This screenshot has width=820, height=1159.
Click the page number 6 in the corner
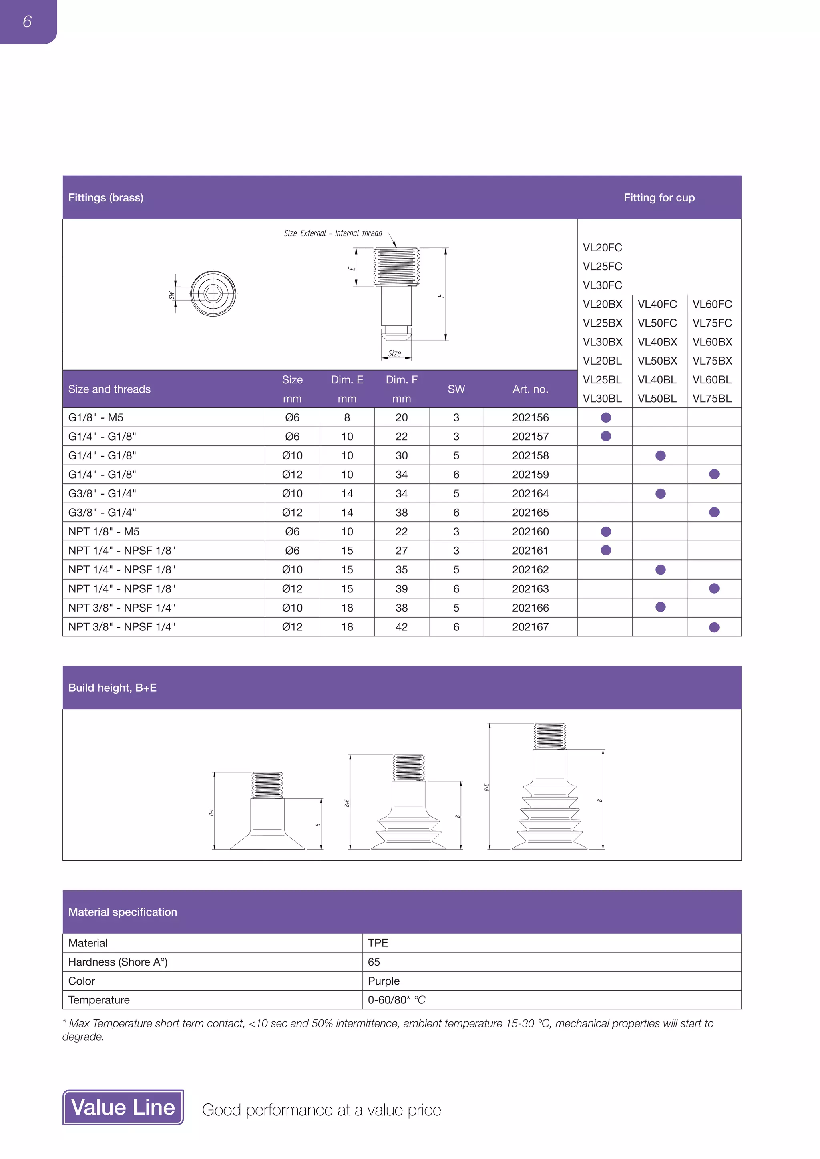27,21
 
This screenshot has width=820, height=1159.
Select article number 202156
530,417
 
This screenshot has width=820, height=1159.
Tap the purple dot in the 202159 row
714,474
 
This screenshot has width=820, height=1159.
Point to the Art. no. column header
530,389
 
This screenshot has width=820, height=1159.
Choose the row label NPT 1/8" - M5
104,531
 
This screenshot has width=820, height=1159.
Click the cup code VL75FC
712,323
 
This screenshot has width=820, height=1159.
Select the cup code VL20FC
602,247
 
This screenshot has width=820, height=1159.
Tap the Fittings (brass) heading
106,197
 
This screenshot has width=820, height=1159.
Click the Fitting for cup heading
659,197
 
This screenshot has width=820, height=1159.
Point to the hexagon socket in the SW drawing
213,293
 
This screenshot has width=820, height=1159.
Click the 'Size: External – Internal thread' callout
333,233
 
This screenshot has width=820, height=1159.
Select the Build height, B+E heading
113,688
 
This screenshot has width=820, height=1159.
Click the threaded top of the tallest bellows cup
549,736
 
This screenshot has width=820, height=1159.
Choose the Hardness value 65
374,962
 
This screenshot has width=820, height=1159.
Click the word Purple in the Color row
383,981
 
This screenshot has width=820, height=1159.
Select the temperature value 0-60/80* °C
396,1000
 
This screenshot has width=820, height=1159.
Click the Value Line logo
123,1107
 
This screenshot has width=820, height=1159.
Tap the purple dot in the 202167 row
714,627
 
